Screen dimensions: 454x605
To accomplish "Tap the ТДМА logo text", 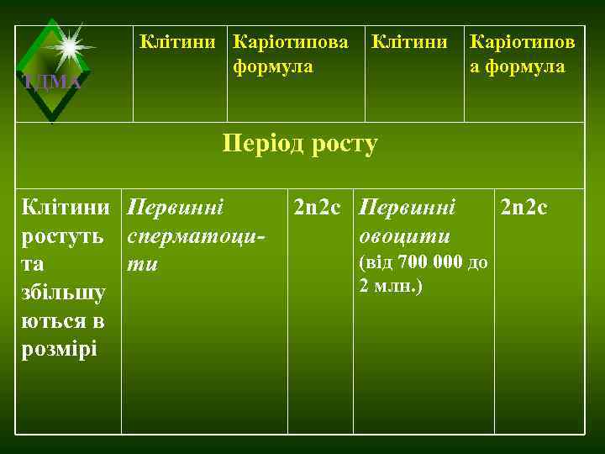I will [x=51, y=82].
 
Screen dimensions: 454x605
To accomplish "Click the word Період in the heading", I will [x=258, y=144].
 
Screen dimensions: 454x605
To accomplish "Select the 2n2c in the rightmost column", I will [x=524, y=206].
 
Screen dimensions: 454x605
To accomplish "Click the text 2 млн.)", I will [x=391, y=286].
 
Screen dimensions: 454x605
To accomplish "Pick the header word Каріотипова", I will [x=290, y=40].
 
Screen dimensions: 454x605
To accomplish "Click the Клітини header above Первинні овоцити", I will [x=409, y=40].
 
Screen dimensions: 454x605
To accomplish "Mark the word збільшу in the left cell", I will [x=64, y=292].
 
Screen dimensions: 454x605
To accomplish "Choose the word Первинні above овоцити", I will [x=408, y=206].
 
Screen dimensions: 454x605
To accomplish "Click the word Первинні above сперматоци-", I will [x=176, y=206].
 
